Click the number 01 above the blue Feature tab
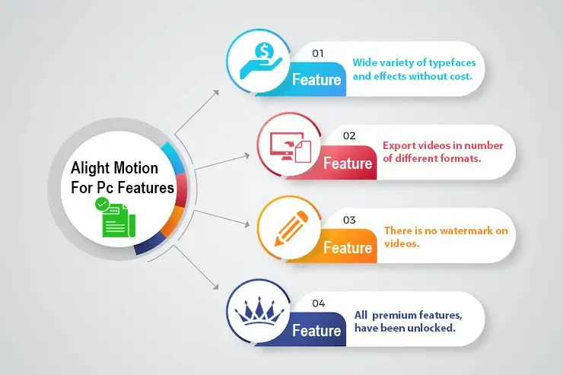pyautogui.click(x=318, y=53)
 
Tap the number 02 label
pyautogui.click(x=349, y=135)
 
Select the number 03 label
pyautogui.click(x=349, y=220)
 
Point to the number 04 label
pyautogui.click(x=319, y=303)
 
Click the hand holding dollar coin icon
pyautogui.click(x=261, y=61)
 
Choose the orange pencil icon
pyautogui.click(x=291, y=229)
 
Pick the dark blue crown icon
pyautogui.click(x=259, y=313)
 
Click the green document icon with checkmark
pyautogui.click(x=115, y=217)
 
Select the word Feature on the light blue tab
pyautogui.click(x=316, y=79)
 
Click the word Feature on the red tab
pyautogui.click(x=348, y=164)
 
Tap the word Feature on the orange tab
pyautogui.click(x=348, y=248)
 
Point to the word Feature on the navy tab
pyautogui.click(x=316, y=331)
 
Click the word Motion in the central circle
pyautogui.click(x=135, y=168)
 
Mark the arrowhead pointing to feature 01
pyautogui.click(x=216, y=93)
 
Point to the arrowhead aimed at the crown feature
pyautogui.click(x=216, y=287)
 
